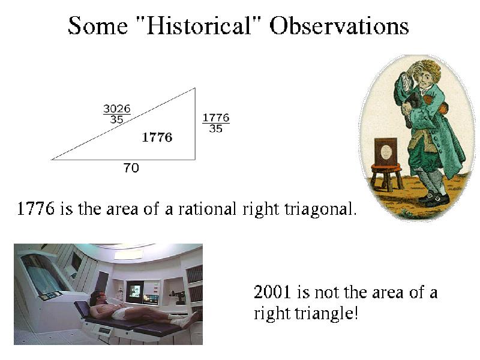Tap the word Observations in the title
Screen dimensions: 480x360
339,26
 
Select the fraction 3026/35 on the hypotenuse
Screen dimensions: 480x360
117,114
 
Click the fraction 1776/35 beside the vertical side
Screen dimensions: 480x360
216,123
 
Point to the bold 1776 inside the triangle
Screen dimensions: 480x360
157,137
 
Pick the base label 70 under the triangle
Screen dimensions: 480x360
131,168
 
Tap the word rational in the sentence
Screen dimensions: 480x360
207,209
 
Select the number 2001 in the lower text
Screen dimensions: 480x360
272,292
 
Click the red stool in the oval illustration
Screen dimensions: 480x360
386,176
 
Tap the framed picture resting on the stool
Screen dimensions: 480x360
386,152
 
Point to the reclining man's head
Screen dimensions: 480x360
97,297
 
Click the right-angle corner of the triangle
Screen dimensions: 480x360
195,160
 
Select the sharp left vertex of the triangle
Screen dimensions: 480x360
52,160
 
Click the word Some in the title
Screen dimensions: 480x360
98,26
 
